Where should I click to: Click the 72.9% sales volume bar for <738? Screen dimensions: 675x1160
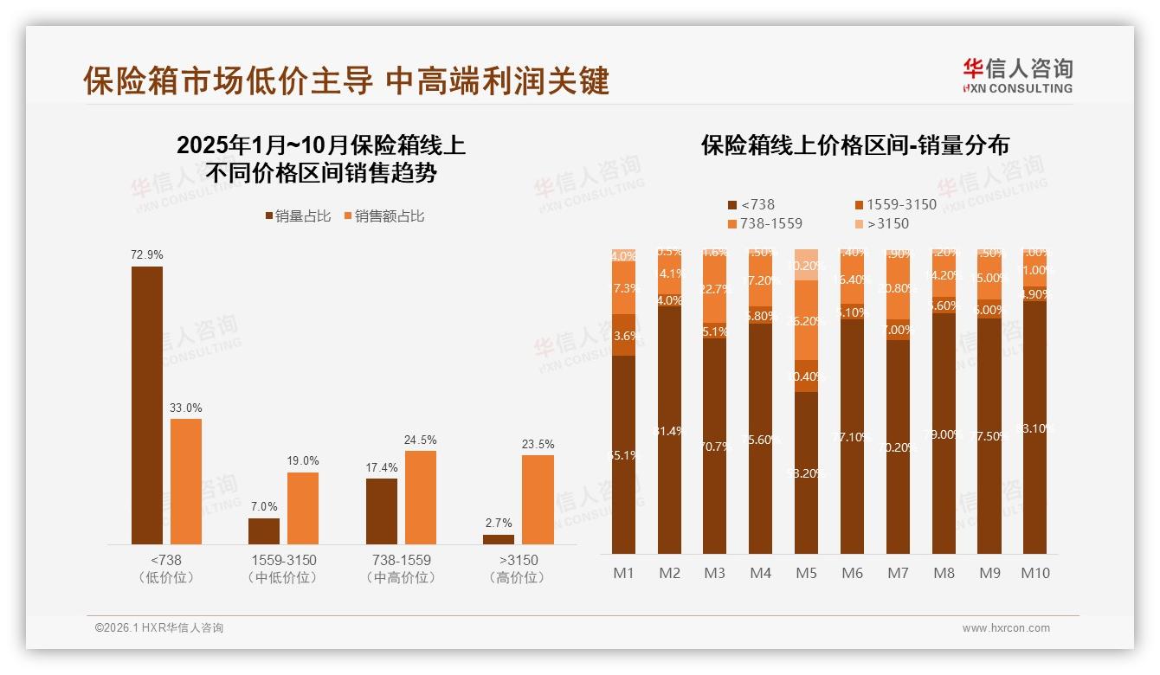(x=147, y=405)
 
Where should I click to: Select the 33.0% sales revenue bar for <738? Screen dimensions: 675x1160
(x=186, y=481)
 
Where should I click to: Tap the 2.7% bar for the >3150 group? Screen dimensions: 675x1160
(x=499, y=539)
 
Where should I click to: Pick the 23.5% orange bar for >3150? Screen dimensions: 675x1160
(x=538, y=499)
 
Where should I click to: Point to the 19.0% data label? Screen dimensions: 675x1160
(x=303, y=461)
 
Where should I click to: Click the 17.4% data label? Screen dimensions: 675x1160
(x=382, y=467)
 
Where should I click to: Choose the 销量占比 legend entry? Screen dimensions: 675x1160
(x=298, y=216)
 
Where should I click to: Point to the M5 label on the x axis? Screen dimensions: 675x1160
(x=806, y=573)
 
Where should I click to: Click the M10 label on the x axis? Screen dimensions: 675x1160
(x=1034, y=573)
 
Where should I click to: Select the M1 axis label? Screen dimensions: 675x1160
(x=623, y=573)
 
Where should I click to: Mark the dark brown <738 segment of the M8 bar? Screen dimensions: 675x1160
(x=944, y=433)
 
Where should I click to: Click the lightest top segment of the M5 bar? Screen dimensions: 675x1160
(x=806, y=264)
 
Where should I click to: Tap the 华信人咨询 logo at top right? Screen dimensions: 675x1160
(x=1017, y=75)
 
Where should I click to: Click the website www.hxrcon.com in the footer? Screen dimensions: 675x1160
(x=1005, y=628)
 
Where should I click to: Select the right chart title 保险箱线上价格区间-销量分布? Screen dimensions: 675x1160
(x=854, y=145)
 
